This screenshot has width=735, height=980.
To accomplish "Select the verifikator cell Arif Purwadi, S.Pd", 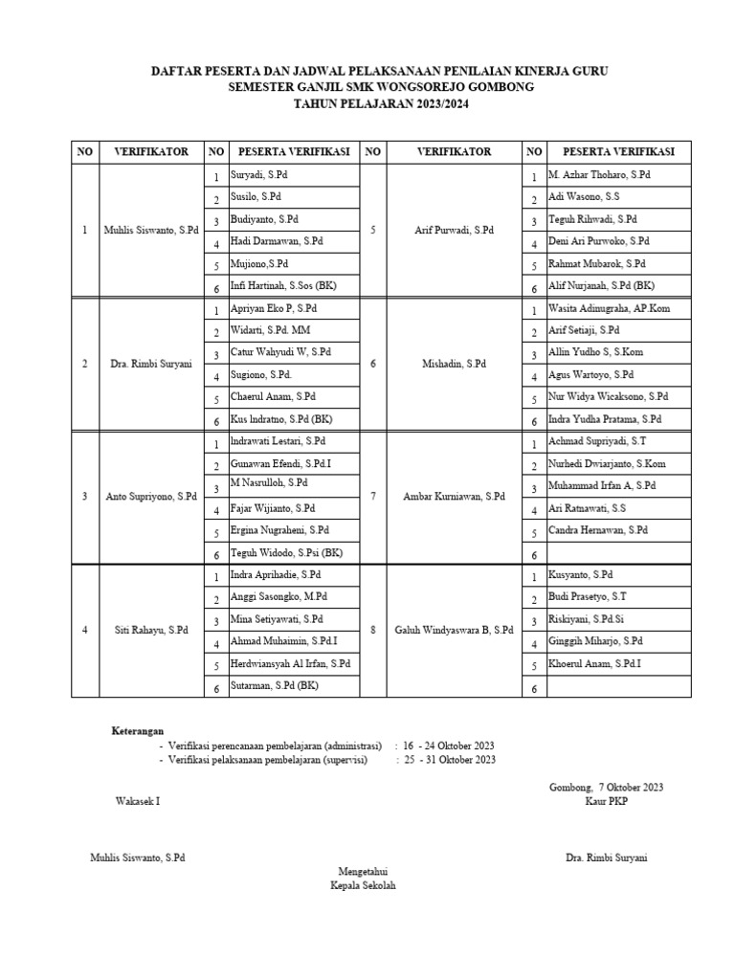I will (454, 231).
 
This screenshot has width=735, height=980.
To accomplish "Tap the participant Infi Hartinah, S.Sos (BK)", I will (283, 286).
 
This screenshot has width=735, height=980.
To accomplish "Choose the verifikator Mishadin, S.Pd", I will (454, 364).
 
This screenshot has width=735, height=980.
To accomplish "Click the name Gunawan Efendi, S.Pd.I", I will (280, 463).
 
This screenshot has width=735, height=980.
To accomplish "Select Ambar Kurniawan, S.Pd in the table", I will (454, 497).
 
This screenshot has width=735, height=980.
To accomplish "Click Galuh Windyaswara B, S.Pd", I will (454, 630).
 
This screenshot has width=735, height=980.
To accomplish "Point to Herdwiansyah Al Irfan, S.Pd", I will (290, 663).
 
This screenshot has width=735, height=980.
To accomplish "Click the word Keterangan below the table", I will (138, 730).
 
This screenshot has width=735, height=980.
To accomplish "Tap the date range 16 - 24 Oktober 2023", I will (449, 745).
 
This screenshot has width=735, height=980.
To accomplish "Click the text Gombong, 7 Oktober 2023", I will (606, 787).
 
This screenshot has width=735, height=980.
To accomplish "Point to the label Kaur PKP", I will (606, 801).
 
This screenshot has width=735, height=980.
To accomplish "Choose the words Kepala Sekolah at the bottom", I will (363, 885).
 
